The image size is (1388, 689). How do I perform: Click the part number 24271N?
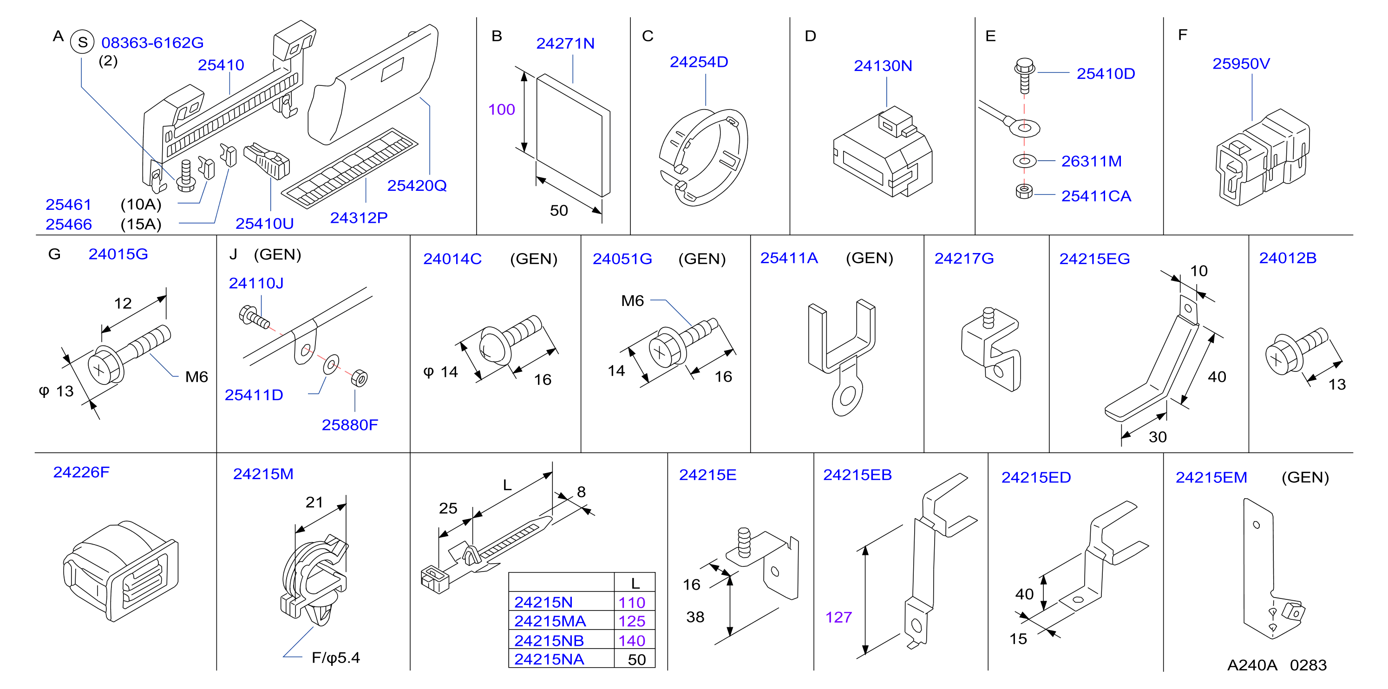pos(565,44)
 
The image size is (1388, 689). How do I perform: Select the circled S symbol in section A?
pos(82,42)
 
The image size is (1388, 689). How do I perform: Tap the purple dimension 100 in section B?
pos(502,110)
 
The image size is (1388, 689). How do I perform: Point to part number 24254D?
pos(699,62)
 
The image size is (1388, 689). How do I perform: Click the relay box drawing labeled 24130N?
pos(882,152)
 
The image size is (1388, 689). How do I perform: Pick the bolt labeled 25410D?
pos(1024,75)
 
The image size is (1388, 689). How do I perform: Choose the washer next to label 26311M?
pos(1024,161)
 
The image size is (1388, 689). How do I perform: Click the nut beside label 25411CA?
pos(1024,191)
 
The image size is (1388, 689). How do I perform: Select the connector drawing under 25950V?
pos(1263,157)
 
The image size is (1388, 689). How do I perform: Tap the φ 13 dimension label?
pos(56,391)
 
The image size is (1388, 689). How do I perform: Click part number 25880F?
pos(350,425)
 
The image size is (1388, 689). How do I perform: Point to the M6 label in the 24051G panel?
pos(632,300)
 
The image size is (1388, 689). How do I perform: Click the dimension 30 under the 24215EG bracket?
pos(1158,437)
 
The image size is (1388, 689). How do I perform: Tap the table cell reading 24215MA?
pos(550,621)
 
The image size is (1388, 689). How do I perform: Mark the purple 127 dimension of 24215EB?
pos(838,617)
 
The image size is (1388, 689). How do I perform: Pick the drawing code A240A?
pos(1252,665)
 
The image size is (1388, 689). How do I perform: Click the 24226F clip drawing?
pos(120,571)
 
